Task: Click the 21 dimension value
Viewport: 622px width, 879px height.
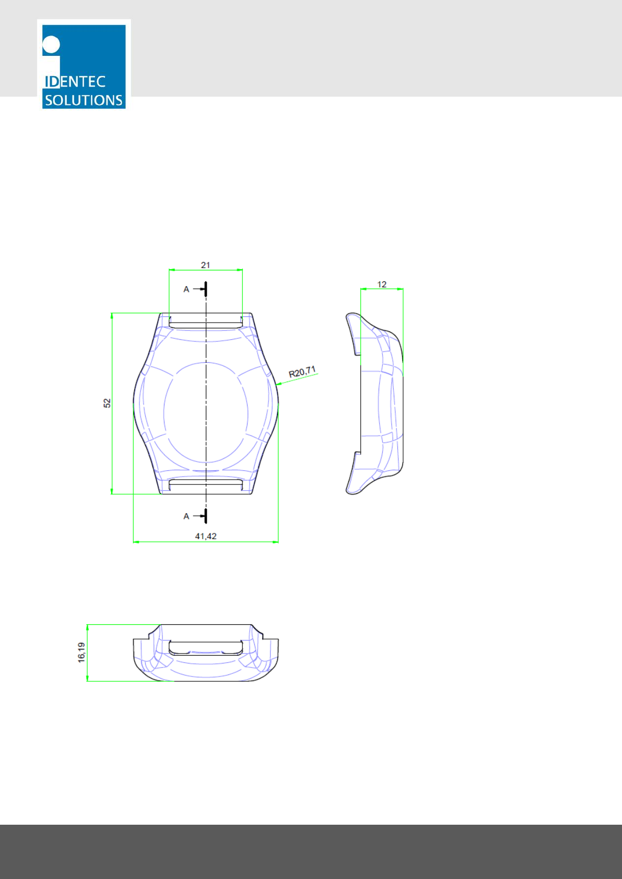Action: click(205, 265)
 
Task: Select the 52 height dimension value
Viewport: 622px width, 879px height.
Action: click(107, 403)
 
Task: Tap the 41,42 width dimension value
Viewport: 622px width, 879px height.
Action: click(206, 536)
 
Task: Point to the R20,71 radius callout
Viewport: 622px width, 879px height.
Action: click(302, 372)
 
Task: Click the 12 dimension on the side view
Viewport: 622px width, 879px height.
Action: click(382, 284)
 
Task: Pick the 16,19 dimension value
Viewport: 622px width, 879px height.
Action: click(81, 652)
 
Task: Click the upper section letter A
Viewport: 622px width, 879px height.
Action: click(186, 289)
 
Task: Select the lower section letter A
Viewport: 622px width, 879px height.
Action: click(186, 516)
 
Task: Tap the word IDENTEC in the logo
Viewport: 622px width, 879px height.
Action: click(75, 81)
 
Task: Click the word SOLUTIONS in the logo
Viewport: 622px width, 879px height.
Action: click(84, 100)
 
